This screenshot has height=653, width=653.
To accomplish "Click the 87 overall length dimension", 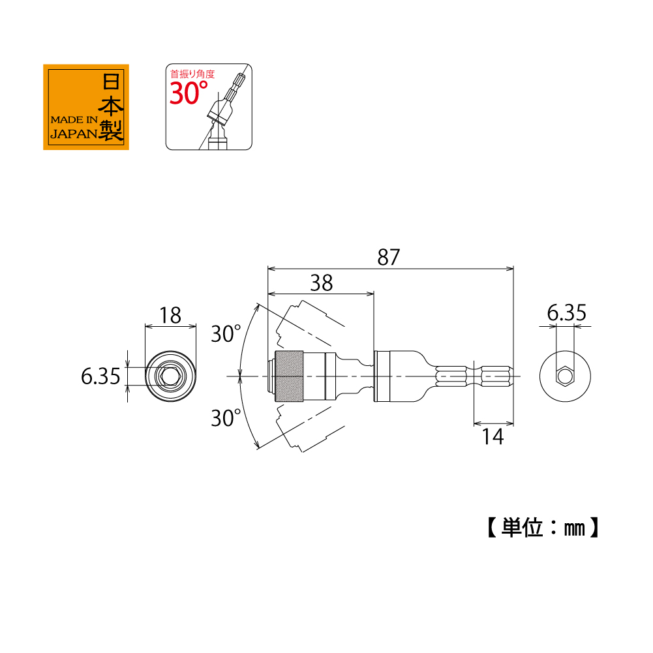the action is click(389, 257).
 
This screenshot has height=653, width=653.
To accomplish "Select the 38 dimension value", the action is click(322, 283).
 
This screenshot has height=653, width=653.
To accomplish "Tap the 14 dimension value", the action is click(493, 437).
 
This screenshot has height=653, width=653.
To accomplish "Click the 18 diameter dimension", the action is click(170, 315).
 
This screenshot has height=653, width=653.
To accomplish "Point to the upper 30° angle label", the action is click(226, 334).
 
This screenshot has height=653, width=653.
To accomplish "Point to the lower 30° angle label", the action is click(226, 418).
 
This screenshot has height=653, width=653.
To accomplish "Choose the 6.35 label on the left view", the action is click(100, 376).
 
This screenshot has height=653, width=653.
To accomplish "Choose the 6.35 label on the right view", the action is click(566, 312).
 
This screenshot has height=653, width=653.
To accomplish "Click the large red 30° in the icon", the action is click(189, 93).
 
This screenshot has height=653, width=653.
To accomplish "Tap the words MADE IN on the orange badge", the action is click(74, 120).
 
